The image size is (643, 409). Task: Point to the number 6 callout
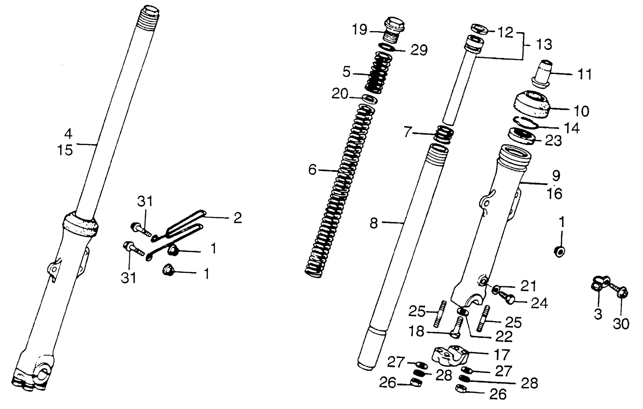pyautogui.click(x=312, y=170)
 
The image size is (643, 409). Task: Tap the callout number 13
pyautogui.click(x=544, y=44)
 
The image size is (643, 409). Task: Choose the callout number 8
pyautogui.click(x=374, y=223)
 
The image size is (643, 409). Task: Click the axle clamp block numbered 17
pyautogui.click(x=450, y=355)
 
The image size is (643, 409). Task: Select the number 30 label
pyautogui.click(x=621, y=324)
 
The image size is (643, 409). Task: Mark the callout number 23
pyautogui.click(x=553, y=140)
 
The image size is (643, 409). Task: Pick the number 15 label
pyautogui.click(x=65, y=150)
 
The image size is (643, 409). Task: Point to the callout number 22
pyautogui.click(x=504, y=336)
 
